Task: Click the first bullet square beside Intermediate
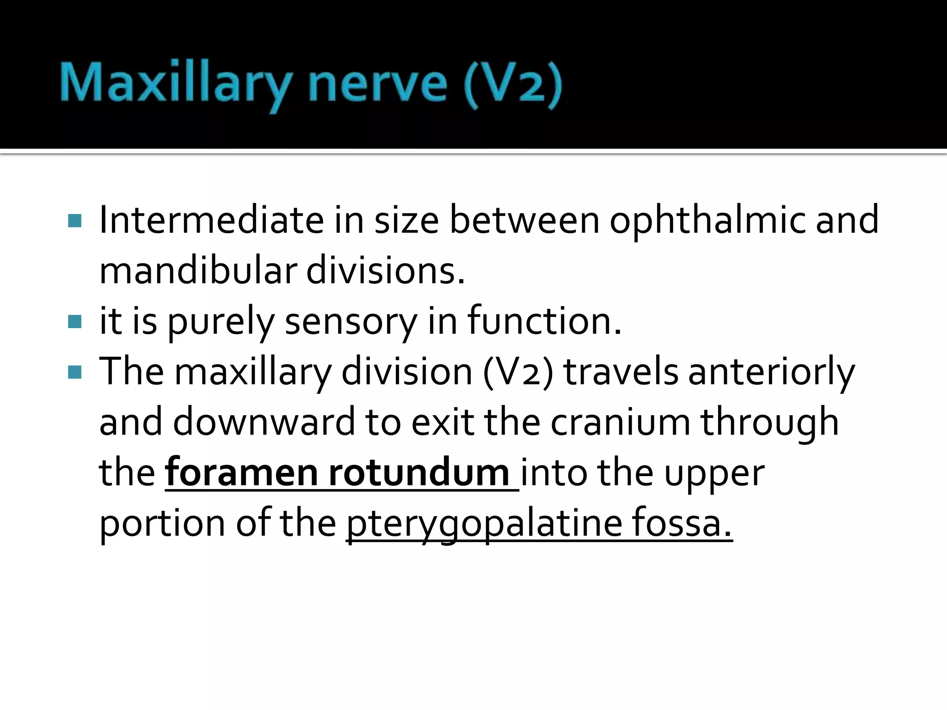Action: coord(74,221)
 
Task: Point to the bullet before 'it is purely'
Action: coord(74,322)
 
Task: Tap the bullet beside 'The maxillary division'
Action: coord(74,372)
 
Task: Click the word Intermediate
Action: coord(211,220)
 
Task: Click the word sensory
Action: coord(351,322)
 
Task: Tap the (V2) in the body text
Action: coord(518,372)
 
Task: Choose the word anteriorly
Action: coord(771,372)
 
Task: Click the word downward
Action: coord(264,422)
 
